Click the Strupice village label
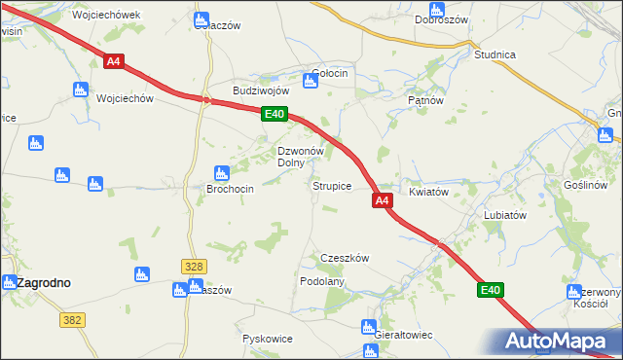pyautogui.click(x=331, y=185)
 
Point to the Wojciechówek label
pyautogui.click(x=107, y=16)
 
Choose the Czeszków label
pyautogui.click(x=346, y=258)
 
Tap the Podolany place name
pyautogui.click(x=323, y=280)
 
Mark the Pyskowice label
pyautogui.click(x=267, y=339)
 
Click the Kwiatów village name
pyautogui.click(x=428, y=192)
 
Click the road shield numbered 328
pyautogui.click(x=194, y=266)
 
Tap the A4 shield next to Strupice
pyautogui.click(x=382, y=200)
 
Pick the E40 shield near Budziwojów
pyautogui.click(x=275, y=115)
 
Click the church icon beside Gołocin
pyautogui.click(x=310, y=82)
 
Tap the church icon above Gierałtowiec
pyautogui.click(x=369, y=327)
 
